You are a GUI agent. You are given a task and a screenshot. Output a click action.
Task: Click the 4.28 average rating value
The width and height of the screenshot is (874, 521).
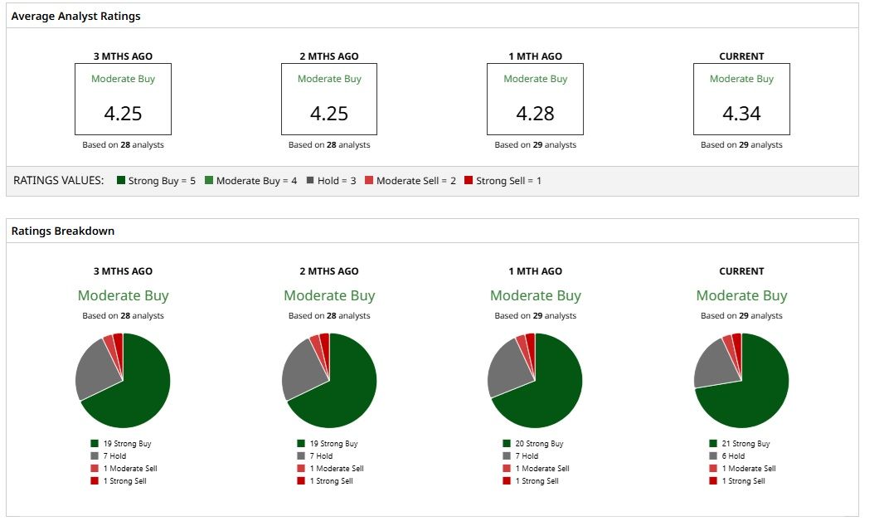tap(535, 114)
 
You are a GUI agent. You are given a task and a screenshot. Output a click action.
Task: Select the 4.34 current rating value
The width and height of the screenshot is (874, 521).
tap(741, 114)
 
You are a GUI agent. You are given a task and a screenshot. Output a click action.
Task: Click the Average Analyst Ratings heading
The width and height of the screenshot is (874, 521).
tap(75, 16)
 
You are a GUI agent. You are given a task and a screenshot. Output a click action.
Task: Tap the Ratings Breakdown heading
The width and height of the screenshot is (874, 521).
tap(63, 231)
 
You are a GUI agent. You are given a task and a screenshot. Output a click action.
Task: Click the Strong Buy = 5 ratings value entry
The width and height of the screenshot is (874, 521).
tap(156, 181)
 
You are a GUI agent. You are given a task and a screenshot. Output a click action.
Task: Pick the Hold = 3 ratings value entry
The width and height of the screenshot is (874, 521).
tap(331, 181)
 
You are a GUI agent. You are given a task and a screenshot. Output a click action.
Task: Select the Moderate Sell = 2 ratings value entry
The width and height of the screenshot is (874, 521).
tap(410, 181)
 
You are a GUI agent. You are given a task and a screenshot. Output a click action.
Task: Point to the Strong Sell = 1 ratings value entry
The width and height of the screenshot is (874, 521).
tap(503, 181)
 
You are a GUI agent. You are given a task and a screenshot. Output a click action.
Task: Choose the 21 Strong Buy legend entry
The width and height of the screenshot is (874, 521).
tap(740, 444)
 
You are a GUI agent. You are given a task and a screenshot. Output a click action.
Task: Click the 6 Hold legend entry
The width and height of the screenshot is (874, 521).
tap(727, 455)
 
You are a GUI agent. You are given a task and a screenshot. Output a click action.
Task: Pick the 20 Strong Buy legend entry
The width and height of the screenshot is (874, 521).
tap(533, 444)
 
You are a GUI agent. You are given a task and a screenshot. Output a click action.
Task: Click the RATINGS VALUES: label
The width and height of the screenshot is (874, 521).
tap(59, 181)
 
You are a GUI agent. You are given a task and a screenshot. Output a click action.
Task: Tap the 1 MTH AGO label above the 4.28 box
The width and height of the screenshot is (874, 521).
tap(535, 56)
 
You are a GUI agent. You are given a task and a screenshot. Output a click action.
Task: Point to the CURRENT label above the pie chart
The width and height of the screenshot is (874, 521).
tap(741, 271)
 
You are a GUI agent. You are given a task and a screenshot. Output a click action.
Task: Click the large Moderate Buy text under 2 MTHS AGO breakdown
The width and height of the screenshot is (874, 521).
tap(329, 295)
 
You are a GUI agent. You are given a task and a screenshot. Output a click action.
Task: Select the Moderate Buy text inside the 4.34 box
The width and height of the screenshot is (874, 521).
tap(741, 79)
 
